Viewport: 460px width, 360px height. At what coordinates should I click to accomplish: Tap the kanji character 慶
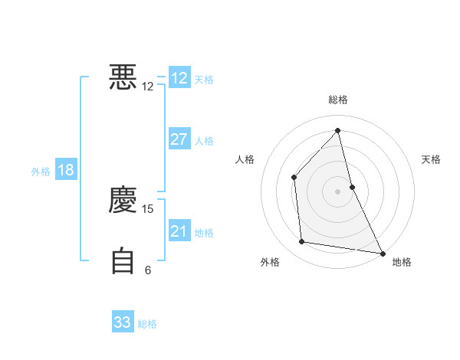(123, 200)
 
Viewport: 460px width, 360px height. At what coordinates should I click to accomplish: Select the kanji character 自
(123, 261)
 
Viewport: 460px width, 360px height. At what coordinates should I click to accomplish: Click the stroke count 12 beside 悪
(148, 87)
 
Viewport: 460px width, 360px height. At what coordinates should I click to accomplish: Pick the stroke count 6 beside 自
(148, 270)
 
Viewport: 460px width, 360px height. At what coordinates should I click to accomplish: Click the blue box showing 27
(179, 139)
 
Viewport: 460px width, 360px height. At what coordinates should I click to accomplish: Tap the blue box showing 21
(179, 231)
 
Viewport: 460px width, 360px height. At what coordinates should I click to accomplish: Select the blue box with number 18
(66, 170)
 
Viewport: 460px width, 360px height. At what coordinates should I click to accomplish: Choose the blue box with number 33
(123, 322)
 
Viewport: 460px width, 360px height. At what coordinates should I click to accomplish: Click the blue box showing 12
(179, 78)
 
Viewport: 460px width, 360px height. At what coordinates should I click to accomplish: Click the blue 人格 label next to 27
(204, 141)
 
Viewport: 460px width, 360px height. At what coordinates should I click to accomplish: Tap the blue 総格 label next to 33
(147, 324)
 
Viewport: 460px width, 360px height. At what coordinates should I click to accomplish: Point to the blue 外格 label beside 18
(41, 172)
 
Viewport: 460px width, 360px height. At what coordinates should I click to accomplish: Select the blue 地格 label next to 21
(204, 233)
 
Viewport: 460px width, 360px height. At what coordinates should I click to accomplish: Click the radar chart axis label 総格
(337, 100)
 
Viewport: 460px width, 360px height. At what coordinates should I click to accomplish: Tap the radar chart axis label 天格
(432, 159)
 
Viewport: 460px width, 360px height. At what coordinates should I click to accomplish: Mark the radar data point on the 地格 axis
(382, 253)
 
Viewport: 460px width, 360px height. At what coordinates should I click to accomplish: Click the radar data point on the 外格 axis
(302, 242)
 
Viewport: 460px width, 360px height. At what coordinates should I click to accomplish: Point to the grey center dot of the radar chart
(337, 191)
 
